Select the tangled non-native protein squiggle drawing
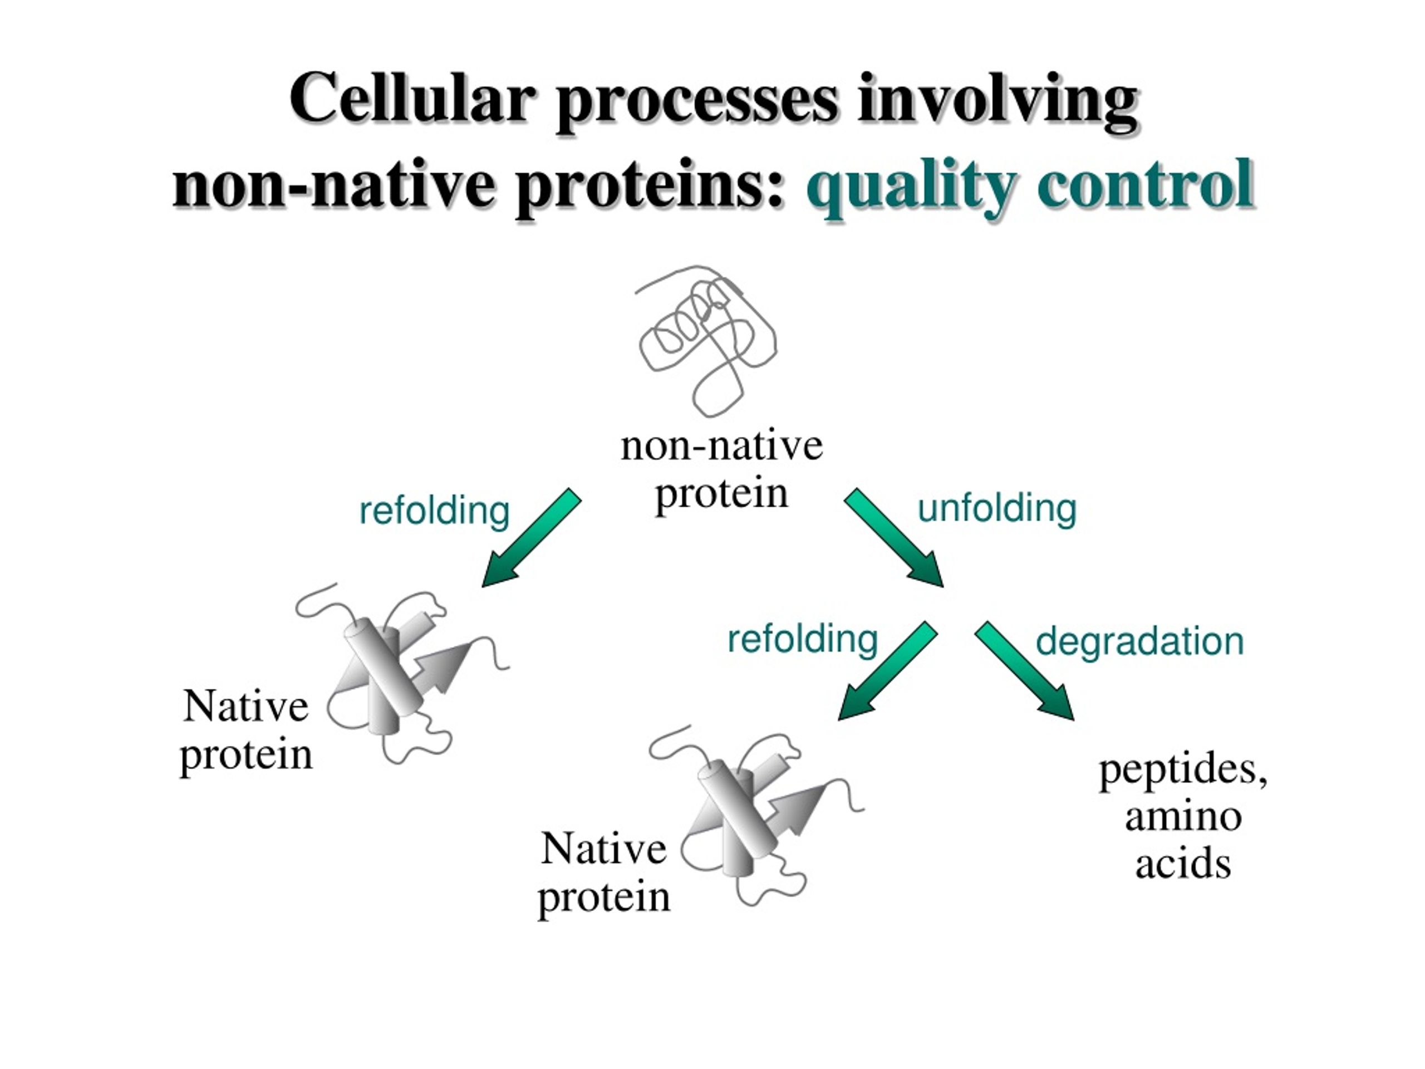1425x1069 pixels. click(x=707, y=340)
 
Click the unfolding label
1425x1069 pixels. click(x=996, y=508)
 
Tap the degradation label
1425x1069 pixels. click(x=1139, y=642)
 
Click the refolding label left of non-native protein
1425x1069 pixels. click(x=434, y=511)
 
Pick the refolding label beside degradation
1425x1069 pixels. click(x=803, y=639)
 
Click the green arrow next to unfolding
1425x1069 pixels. click(x=894, y=537)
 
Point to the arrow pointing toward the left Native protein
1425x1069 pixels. click(x=532, y=537)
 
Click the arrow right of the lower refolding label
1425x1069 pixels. click(x=888, y=670)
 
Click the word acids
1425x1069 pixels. click(x=1183, y=864)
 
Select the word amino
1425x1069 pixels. click(x=1183, y=816)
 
